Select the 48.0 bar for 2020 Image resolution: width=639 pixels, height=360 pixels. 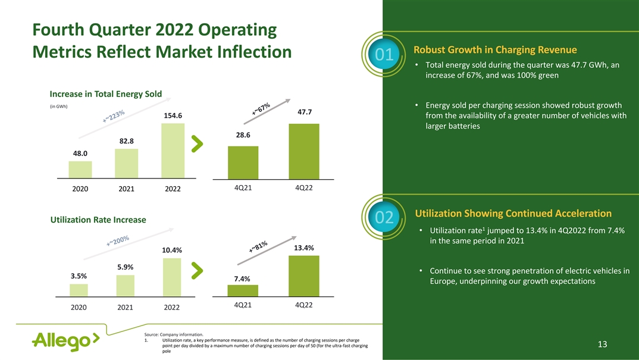80,169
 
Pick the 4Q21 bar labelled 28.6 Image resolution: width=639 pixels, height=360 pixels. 243,162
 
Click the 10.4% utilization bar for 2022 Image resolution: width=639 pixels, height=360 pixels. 171,277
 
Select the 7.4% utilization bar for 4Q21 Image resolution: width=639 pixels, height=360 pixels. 243,290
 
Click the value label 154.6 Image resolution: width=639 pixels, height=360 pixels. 173,115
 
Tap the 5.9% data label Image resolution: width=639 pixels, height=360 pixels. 125,267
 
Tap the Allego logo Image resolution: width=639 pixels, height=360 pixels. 65,340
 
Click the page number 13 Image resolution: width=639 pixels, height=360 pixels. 602,345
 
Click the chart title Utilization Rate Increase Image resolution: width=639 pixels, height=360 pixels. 98,220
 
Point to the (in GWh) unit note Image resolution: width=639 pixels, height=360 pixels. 58,107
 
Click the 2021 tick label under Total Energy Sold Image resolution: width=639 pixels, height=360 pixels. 126,189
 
